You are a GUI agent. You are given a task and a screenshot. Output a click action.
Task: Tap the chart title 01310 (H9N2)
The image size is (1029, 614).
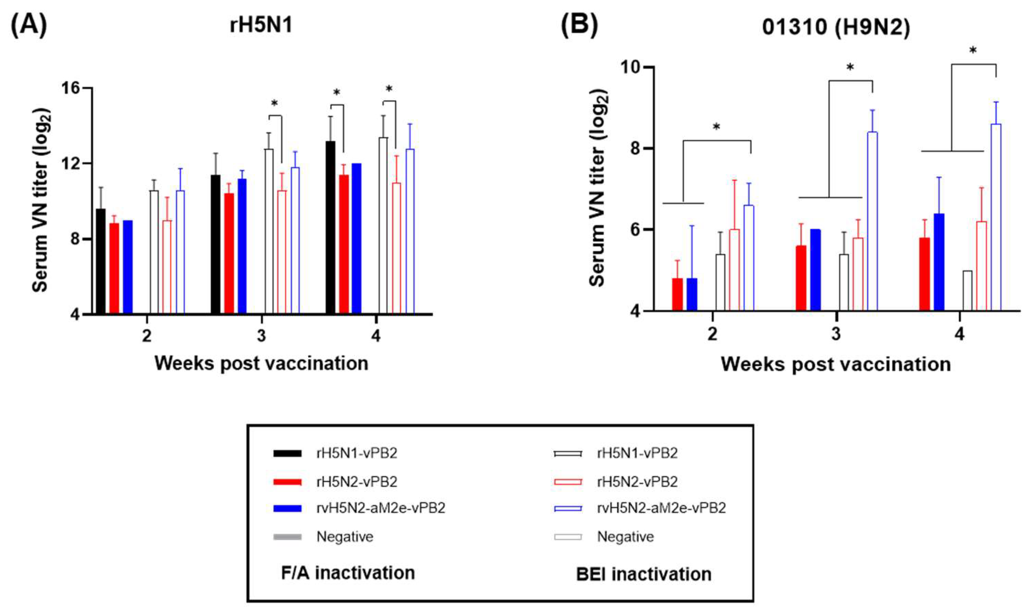[x=836, y=28]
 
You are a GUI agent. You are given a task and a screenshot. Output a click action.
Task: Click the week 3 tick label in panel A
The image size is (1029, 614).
[x=261, y=336]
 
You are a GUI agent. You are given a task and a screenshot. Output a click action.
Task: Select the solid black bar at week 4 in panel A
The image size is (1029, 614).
[x=331, y=227]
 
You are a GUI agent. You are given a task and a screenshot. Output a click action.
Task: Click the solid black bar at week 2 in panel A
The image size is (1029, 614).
[x=100, y=261]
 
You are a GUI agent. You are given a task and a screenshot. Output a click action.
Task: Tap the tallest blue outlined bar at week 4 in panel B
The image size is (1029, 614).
[x=996, y=217]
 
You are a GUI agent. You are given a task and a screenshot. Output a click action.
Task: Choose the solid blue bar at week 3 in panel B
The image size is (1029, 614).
[x=815, y=270]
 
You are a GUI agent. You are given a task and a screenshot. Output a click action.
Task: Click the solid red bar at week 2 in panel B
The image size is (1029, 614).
[x=677, y=294]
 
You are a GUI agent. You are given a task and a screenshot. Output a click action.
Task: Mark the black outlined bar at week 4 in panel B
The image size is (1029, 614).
[x=967, y=290]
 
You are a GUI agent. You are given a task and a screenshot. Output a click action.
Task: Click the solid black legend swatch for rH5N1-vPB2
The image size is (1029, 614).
[x=287, y=453]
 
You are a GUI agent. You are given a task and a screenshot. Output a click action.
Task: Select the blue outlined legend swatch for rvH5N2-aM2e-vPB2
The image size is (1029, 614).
[x=568, y=508]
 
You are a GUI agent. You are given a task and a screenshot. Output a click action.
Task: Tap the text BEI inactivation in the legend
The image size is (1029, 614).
[x=644, y=574]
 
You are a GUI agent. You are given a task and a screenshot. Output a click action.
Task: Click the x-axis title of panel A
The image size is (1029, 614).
[x=261, y=364]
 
